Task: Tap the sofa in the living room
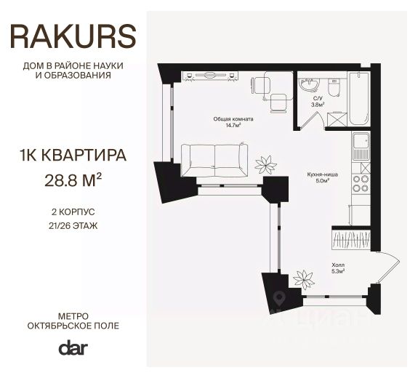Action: (214, 159)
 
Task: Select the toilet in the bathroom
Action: (334, 87)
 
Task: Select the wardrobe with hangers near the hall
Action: (352, 238)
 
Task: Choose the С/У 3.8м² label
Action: (318, 101)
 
